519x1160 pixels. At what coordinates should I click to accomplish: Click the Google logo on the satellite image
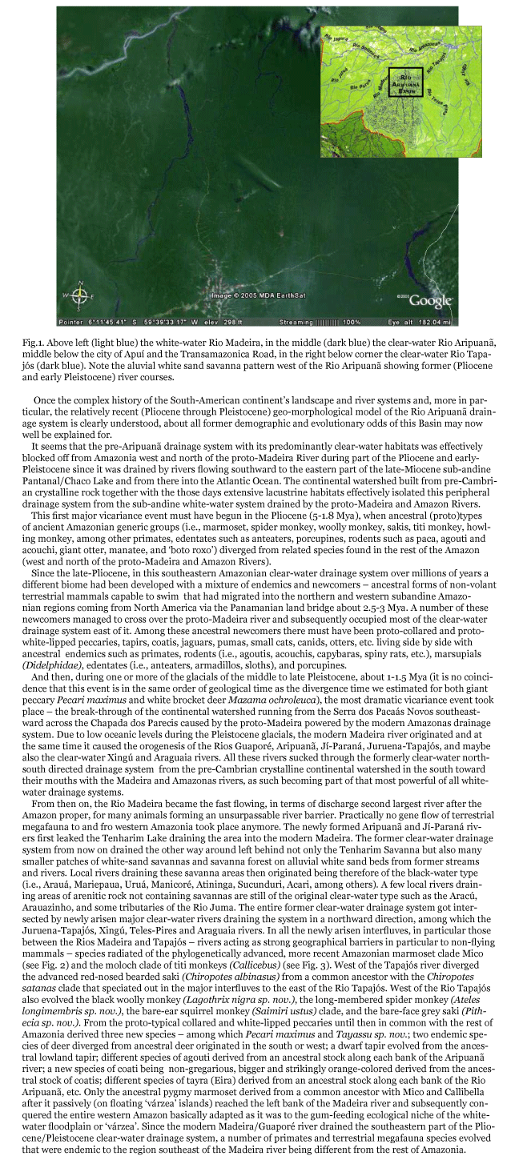coord(431,300)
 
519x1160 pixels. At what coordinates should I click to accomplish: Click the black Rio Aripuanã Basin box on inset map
coord(405,82)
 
